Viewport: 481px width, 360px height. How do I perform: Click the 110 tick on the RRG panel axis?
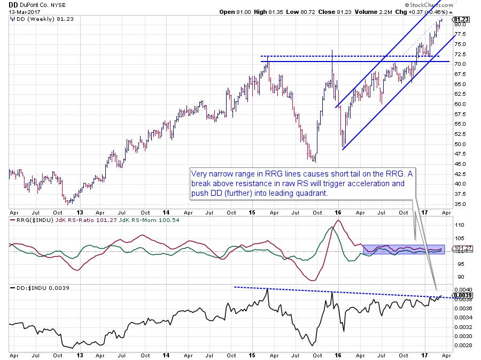(458, 225)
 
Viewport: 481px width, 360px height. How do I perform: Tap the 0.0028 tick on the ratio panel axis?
(463, 345)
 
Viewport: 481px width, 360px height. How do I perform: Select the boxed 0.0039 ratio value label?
(463, 295)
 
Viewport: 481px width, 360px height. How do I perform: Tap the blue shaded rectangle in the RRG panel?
(404, 249)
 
